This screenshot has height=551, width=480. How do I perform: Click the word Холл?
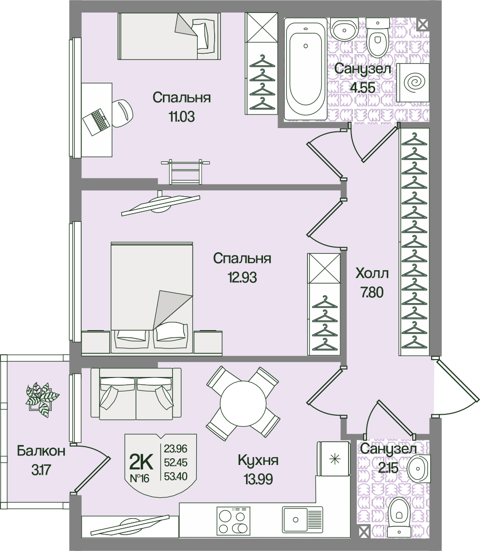[x=372, y=274]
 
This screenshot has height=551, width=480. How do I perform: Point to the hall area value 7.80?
[x=372, y=292]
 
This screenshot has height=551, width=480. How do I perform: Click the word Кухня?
[x=258, y=460]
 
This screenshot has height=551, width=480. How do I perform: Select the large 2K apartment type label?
[x=141, y=462]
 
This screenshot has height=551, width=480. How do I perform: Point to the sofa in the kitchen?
[x=136, y=394]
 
